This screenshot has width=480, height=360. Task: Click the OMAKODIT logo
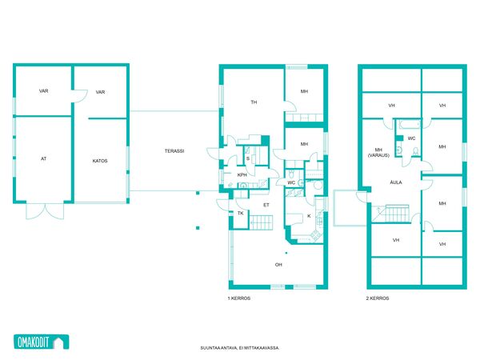pos(42,342)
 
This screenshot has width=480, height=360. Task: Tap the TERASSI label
pos(174,151)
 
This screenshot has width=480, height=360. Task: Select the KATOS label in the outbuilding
pos(100,161)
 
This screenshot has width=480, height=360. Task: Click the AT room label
pos(44,158)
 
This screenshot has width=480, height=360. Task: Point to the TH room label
pos(254,102)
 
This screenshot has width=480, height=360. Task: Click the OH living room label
pos(278,265)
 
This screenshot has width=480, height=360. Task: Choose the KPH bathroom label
pos(242,175)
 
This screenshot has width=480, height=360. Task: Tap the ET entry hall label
pos(266,205)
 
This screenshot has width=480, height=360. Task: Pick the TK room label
pos(241,214)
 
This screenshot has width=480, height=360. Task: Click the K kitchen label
pos(309,216)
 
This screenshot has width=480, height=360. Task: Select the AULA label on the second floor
pos(396,182)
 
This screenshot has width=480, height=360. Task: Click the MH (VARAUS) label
pos(378,153)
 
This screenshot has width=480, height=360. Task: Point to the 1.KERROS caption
pos(239,298)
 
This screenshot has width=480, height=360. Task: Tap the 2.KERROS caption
pos(378,298)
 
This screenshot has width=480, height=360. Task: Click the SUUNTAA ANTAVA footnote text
pos(240,348)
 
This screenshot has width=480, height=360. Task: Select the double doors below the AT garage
pos(45,211)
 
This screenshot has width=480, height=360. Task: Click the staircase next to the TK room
pos(262,222)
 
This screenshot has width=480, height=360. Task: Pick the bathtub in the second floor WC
pos(409,125)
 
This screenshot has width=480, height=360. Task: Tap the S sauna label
pos(248,158)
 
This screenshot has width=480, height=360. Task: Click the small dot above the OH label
pos(286,253)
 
